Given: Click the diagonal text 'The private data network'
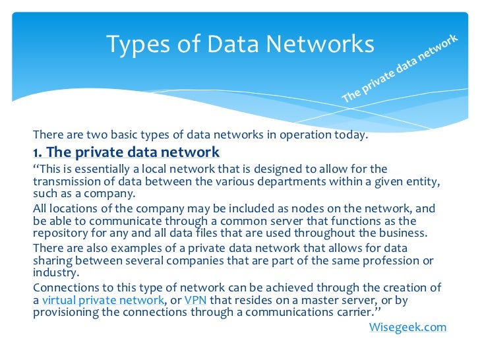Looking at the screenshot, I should tap(400, 69).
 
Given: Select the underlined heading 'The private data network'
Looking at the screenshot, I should tap(133, 152).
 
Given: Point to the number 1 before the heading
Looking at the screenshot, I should tap(36, 152).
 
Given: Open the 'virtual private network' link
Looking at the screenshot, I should tap(103, 300).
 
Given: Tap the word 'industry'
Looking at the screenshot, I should tap(54, 272).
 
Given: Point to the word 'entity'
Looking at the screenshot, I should tap(424, 181).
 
